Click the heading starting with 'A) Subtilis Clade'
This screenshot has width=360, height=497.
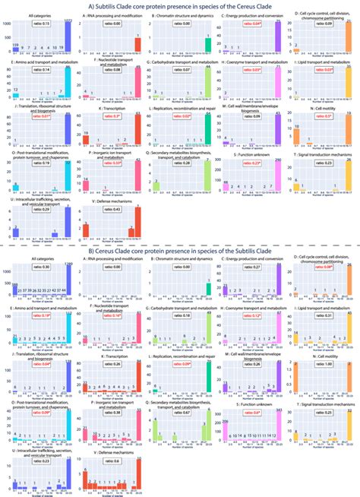point(180,7)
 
